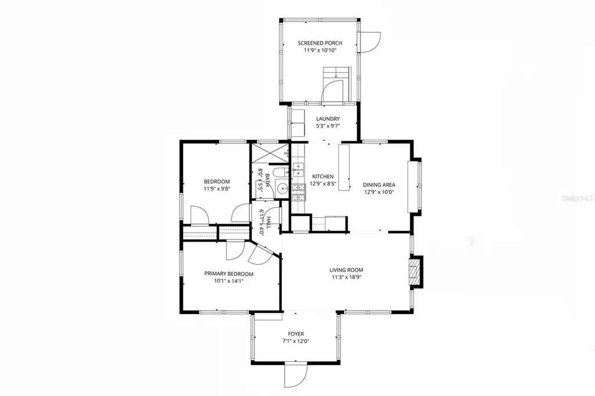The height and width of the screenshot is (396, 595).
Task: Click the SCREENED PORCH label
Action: click(x=320, y=43)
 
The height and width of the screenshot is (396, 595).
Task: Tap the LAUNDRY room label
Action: click(x=320, y=118)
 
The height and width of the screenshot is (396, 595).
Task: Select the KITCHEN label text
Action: click(x=322, y=177)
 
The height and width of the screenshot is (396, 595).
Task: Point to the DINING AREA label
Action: click(x=380, y=185)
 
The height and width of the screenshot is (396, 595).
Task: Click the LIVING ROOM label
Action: click(x=346, y=269)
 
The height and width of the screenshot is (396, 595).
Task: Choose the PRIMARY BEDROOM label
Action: click(x=228, y=273)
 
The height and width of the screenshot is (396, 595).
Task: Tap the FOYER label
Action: click(x=296, y=334)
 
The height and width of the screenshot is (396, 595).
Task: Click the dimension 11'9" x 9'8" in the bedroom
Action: click(x=217, y=189)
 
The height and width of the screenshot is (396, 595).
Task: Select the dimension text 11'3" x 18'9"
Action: click(x=346, y=278)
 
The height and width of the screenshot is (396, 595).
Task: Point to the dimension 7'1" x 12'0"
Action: click(x=296, y=341)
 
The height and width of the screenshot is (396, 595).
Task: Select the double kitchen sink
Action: click(x=299, y=170)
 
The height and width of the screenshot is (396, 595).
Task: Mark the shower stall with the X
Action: click(x=268, y=154)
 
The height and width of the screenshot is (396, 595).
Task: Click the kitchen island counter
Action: click(x=344, y=167)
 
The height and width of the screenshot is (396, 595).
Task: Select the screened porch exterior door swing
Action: click(x=370, y=41)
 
